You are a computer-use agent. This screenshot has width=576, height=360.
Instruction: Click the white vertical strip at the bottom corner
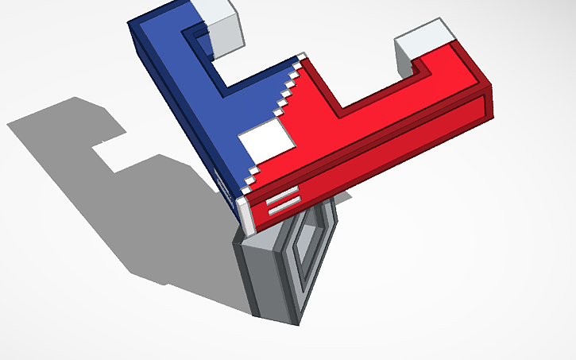tap(245, 215)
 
